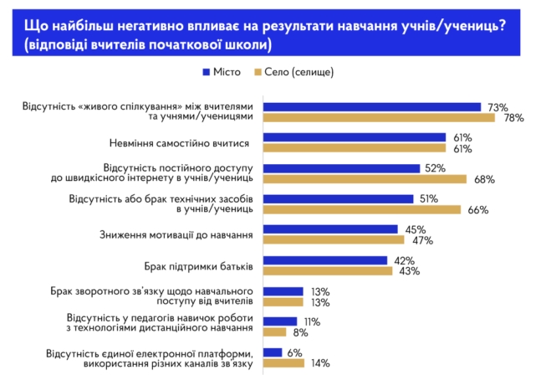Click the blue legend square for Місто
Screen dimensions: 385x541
click(206, 72)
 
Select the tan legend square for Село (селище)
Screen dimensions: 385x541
click(258, 72)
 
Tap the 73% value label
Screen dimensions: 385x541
click(498, 107)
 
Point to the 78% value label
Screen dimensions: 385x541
click(513, 118)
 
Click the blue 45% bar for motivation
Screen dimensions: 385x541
click(330, 229)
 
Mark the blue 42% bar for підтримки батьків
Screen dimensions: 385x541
click(324, 260)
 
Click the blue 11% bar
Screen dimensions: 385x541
click(279, 321)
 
